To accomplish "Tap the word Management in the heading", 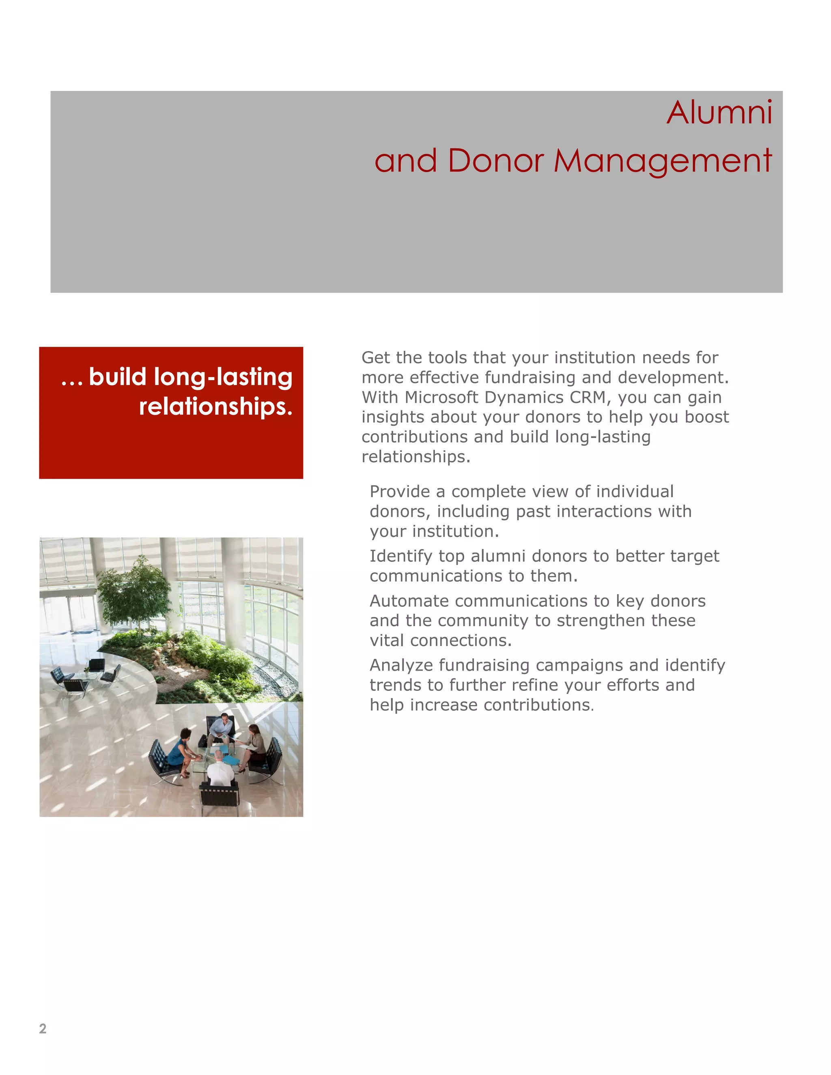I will [663, 161].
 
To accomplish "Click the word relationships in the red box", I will [215, 407].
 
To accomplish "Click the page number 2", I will [43, 1028].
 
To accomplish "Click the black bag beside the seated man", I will [202, 741].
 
